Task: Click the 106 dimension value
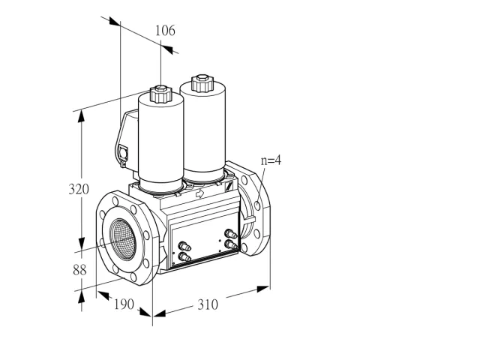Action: point(165,31)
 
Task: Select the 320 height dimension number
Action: point(79,189)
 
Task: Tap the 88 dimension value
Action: point(79,270)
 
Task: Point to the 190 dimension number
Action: point(124,304)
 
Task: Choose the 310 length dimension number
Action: point(208,304)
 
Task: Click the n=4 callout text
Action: point(271,160)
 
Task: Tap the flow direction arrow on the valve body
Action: point(199,193)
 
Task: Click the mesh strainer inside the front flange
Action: point(122,239)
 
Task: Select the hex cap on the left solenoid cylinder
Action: point(160,94)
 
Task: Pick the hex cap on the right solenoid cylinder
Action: point(202,83)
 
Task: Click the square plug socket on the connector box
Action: point(123,151)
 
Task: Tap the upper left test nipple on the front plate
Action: point(184,246)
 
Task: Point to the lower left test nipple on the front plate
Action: point(184,256)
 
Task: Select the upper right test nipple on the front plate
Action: point(230,234)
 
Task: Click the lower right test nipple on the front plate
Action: point(230,244)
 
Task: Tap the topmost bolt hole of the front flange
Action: point(115,201)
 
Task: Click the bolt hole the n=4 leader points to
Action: point(257,205)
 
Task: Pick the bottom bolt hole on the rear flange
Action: point(244,247)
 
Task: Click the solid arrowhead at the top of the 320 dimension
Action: point(81,117)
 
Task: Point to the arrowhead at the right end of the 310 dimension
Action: point(263,289)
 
